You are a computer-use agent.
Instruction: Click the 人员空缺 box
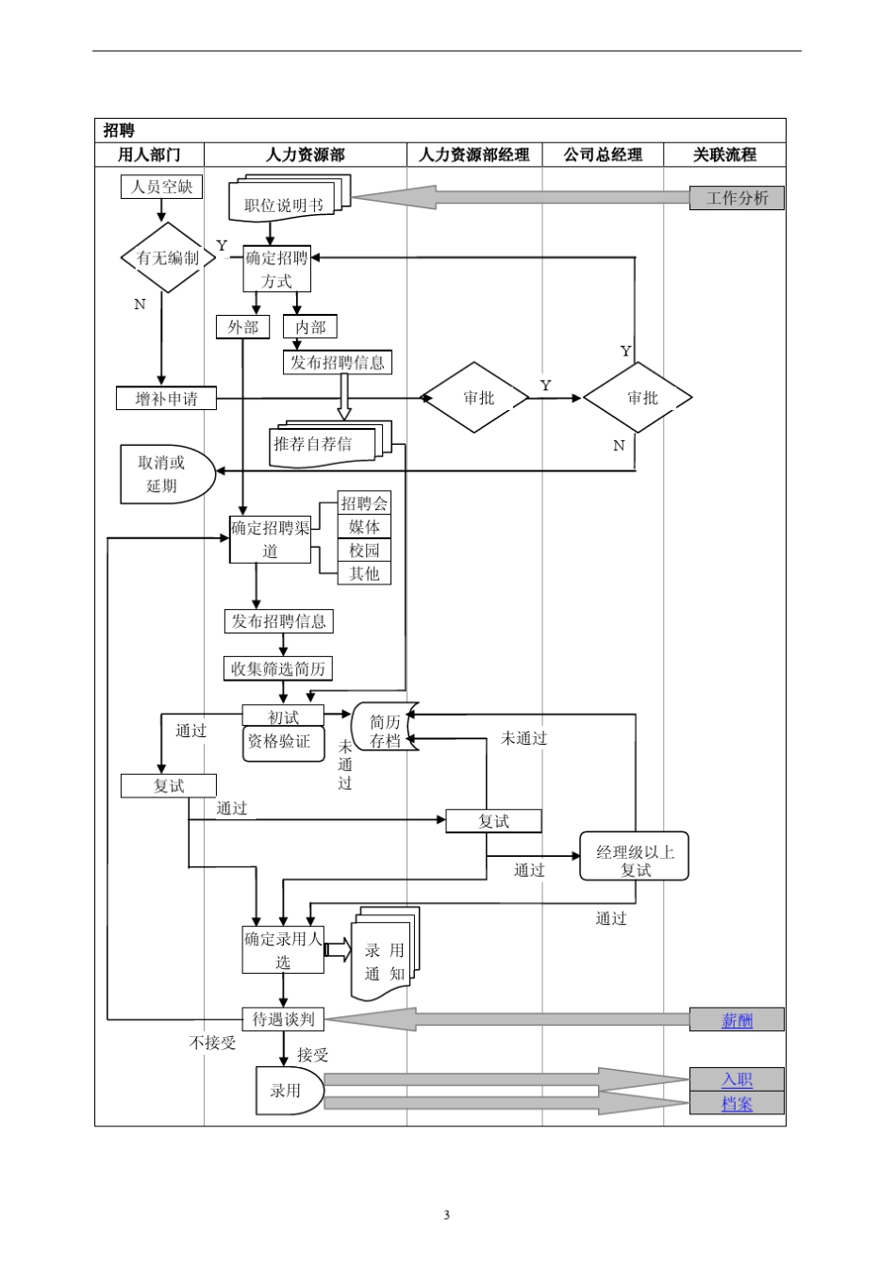pos(161,187)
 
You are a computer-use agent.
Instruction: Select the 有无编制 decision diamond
pos(162,257)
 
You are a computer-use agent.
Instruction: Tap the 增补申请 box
pos(167,399)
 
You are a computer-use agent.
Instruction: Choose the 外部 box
pos(242,327)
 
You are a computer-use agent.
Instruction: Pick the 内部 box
pos(310,327)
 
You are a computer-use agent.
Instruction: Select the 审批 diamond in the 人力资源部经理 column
pos(478,398)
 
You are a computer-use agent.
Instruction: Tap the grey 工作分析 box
pos(737,198)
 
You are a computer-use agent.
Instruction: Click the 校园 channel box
pos(364,551)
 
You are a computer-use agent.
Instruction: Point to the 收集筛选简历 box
pos(278,669)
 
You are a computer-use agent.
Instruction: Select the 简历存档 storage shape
pos(385,732)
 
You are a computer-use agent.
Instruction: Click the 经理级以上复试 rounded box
pos(635,860)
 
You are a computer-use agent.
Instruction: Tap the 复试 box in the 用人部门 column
pos(169,785)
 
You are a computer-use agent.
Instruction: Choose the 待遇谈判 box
pos(283,1019)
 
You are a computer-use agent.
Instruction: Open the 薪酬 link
pos(737,1020)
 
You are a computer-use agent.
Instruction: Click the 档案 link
pos(737,1104)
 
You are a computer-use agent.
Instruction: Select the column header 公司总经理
pos(603,155)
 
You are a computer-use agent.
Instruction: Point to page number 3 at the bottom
pos(447,1214)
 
